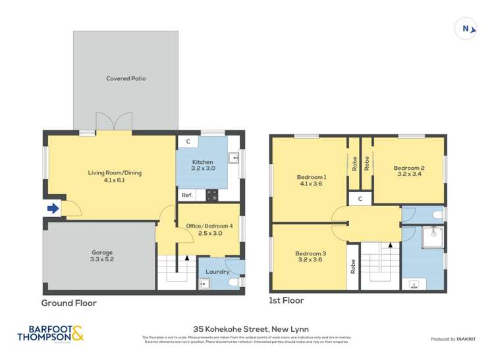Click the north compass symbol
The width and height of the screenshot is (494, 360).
click(466, 28)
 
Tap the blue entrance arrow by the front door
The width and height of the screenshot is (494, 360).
click(53, 209)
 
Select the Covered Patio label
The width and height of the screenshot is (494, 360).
click(126, 78)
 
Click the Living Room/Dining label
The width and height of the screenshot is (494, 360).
click(115, 173)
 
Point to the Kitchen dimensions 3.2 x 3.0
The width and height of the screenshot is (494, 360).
click(203, 168)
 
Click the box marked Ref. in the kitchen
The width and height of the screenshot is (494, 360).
click(186, 195)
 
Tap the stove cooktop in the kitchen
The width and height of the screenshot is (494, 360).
click(212, 195)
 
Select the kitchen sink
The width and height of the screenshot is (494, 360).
click(233, 157)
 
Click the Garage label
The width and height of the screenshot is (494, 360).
click(102, 252)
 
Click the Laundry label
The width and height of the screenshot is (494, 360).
click(217, 271)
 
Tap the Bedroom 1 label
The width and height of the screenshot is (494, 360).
click(311, 177)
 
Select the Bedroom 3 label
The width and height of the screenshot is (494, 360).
click(310, 253)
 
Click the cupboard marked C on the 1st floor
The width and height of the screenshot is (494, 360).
click(360, 198)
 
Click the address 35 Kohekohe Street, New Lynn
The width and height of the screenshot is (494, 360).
click(251, 328)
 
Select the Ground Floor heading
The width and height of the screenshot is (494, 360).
click(69, 303)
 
